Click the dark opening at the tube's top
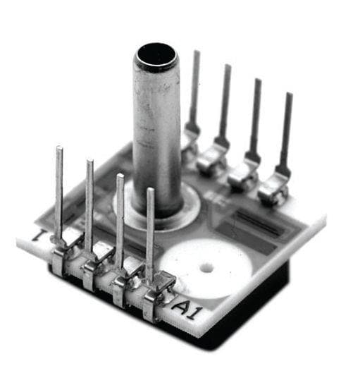156,55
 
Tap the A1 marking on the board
184,308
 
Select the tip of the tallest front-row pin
59,150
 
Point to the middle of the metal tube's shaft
156,134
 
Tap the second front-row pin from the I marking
89,204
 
